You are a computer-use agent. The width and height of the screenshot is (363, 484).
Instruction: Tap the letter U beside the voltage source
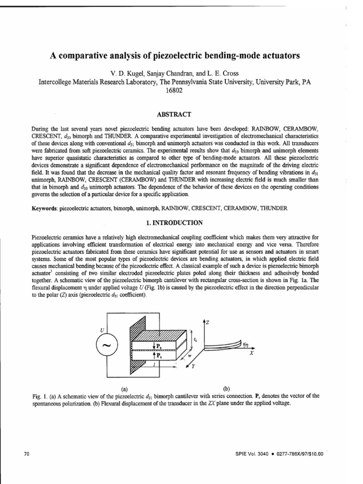(x=101, y=330)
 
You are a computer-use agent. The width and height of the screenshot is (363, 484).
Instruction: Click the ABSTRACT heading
(x=181, y=114)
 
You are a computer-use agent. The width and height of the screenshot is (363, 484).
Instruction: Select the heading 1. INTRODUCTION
(x=181, y=222)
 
